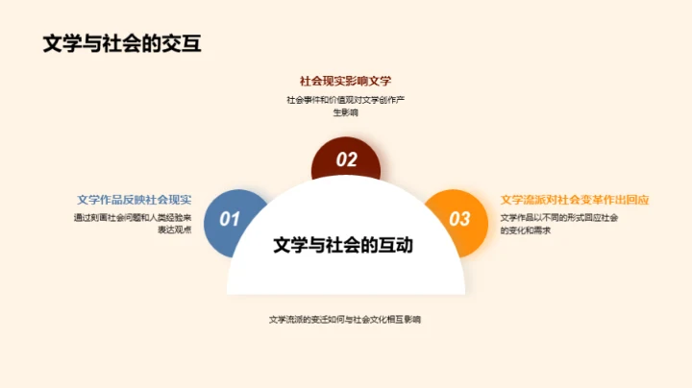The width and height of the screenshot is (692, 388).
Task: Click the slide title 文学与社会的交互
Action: point(122,44)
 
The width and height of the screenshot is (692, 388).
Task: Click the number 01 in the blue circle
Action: point(230,219)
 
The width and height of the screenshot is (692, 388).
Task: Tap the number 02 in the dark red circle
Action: point(346,159)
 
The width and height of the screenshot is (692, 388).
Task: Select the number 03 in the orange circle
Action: point(460,219)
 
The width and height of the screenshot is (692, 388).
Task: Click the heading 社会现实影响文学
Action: point(345,82)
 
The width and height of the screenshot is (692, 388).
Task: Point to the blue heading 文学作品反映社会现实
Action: point(135,200)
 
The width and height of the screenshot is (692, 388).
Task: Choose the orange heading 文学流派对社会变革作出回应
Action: point(575,200)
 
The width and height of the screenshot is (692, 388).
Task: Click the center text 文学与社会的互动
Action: point(343,245)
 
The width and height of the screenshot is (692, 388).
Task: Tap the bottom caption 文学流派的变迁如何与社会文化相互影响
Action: point(345,319)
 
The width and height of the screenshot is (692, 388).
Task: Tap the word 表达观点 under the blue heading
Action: point(174,230)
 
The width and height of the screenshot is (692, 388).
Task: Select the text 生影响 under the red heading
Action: point(345,112)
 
